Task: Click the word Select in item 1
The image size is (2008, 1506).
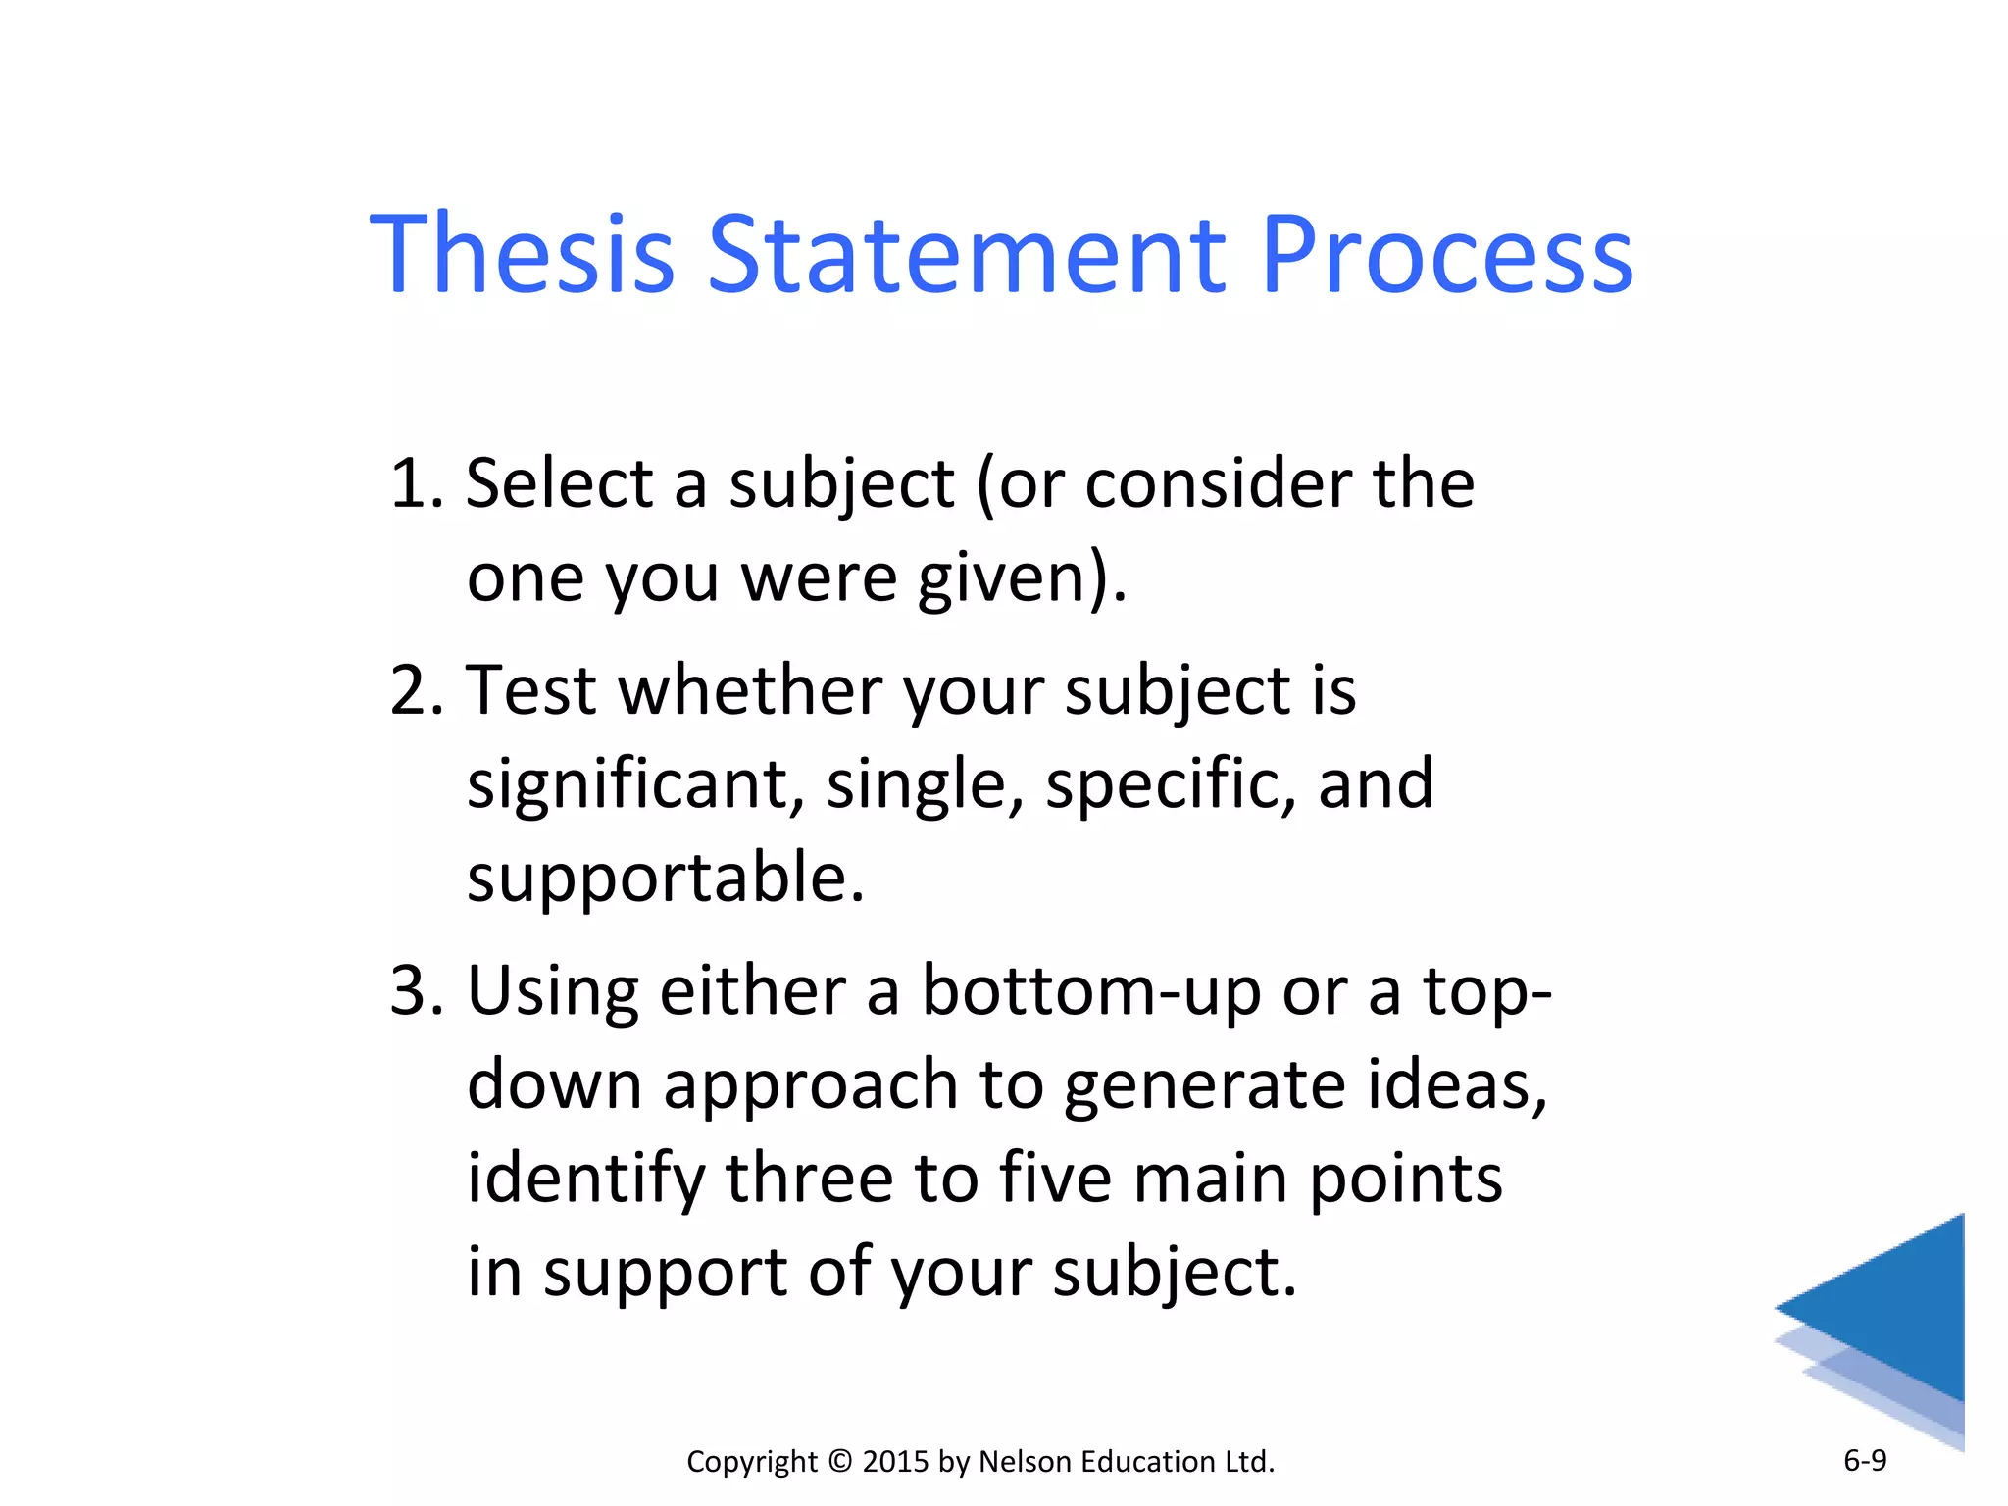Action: click(x=559, y=483)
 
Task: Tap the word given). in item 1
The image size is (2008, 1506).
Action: click(x=1022, y=578)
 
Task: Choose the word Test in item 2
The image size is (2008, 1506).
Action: click(x=530, y=690)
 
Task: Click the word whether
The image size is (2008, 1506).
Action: click(x=750, y=690)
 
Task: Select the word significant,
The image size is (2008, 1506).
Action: click(x=635, y=784)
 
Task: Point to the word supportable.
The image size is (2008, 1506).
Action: click(x=665, y=878)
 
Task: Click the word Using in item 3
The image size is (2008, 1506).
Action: click(x=552, y=990)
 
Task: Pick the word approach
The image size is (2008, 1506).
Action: click(x=810, y=1084)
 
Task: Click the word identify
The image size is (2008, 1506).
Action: click(x=585, y=1179)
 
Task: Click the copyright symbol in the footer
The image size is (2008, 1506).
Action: click(x=840, y=1461)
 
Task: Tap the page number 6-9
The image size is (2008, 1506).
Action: click(x=1865, y=1461)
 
